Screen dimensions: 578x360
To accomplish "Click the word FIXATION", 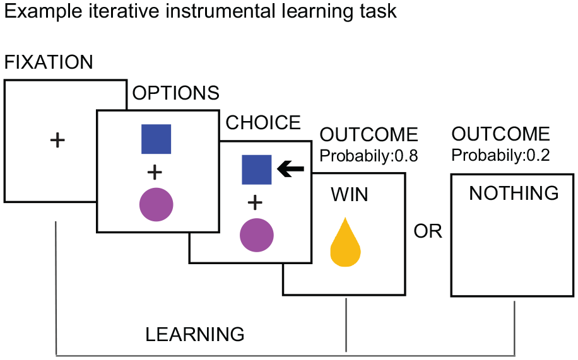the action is (49, 62).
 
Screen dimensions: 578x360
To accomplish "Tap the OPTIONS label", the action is (176, 93).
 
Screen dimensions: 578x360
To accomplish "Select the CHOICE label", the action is (263, 123).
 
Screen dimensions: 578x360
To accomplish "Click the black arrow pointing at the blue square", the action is (290, 169).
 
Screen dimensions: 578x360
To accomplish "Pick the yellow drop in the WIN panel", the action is (345, 242).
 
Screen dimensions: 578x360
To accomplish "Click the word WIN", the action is (350, 195).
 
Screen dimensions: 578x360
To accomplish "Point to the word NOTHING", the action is (514, 193).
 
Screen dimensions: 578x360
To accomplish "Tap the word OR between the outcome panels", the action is (428, 231).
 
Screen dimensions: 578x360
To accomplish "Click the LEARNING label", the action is (195, 335).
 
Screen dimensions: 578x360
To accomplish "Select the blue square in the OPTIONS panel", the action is (156, 139).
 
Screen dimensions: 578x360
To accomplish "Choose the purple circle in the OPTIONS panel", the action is (156, 204).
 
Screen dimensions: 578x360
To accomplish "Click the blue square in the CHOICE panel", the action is (257, 170).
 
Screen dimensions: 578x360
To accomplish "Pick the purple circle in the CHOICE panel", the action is (257, 235).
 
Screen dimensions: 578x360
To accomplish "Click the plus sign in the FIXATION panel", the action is (57, 141).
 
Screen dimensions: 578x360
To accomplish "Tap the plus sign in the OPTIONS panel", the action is (155, 172).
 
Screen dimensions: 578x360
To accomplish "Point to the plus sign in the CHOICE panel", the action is (255, 202).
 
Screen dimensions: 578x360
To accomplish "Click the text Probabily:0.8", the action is (369, 156).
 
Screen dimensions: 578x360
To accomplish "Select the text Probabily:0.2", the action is (500, 156).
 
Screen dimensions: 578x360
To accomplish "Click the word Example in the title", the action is (43, 12).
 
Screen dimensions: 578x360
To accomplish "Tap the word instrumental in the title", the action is (220, 11).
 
